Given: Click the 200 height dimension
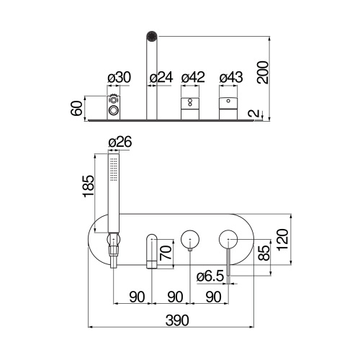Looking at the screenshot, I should [x=264, y=72].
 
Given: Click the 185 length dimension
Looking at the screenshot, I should [x=87, y=189].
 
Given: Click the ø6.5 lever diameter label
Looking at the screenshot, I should [x=208, y=274].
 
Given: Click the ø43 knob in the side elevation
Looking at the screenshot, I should [x=230, y=106].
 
